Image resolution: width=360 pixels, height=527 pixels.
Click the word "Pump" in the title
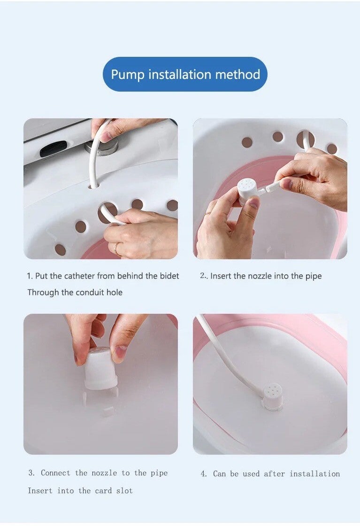tap(128, 75)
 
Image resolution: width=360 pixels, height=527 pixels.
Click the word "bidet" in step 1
tap(170, 276)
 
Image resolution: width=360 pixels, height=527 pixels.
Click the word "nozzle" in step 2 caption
tap(260, 276)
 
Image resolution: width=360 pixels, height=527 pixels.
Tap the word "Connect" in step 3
tap(55, 473)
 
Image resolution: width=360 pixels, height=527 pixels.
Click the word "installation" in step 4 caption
tap(314, 473)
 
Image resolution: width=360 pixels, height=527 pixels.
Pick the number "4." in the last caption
tap(204, 473)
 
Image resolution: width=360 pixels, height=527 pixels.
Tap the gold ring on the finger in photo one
tap(116, 248)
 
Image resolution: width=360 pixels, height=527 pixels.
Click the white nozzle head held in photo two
tap(247, 191)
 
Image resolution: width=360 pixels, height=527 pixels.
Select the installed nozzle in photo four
tap(272, 397)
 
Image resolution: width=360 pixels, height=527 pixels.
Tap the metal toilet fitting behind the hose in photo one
tap(102, 146)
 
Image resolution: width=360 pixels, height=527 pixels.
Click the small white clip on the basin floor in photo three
tap(108, 410)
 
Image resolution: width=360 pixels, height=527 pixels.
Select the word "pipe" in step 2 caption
tap(314, 276)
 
